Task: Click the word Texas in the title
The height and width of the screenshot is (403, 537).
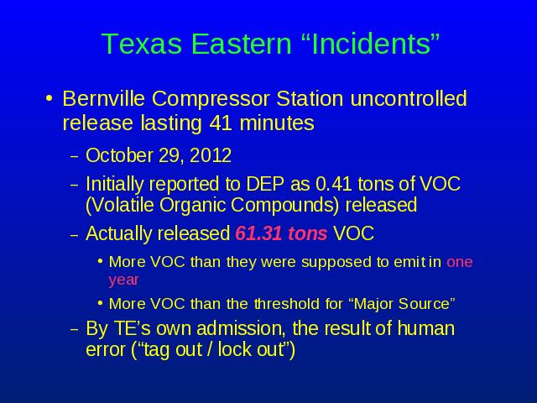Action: point(142,44)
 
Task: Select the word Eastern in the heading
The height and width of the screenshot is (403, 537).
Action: point(241,44)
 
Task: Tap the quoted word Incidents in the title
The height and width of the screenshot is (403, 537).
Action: point(371,44)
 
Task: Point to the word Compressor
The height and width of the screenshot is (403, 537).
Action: point(211,99)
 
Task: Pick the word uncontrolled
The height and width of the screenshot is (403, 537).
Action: point(409,98)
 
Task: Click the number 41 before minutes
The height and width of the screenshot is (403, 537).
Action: point(221,123)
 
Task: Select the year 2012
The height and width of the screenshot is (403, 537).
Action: point(211,155)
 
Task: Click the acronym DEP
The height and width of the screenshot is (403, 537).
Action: point(265,184)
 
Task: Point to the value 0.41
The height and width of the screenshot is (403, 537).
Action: point(334,184)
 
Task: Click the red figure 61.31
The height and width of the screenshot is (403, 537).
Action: point(258,233)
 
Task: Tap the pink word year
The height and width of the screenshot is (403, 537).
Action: point(123,280)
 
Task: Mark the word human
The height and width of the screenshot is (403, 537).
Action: point(426,328)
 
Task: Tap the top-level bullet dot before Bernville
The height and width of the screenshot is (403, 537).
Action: point(50,99)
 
